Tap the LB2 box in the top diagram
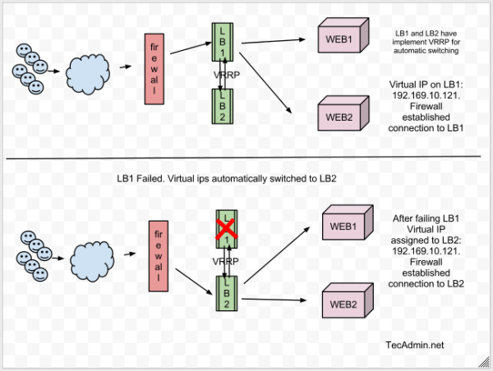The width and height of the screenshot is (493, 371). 221,105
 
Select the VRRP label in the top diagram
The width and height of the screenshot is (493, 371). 220,76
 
